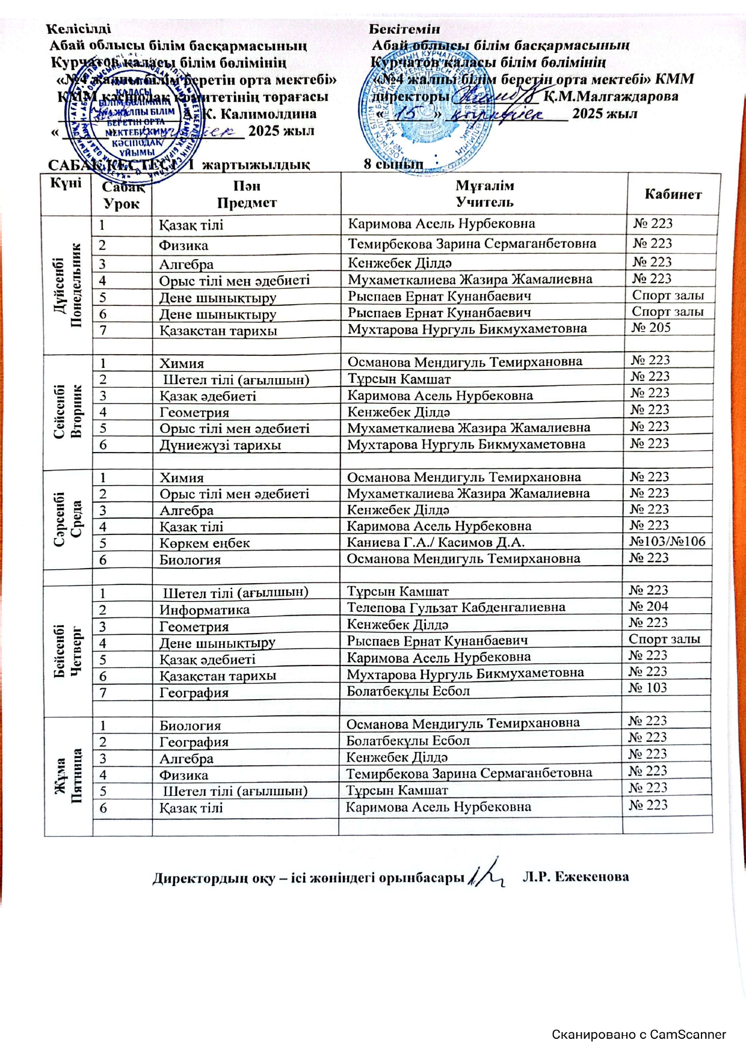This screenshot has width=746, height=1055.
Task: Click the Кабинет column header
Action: pyautogui.click(x=673, y=194)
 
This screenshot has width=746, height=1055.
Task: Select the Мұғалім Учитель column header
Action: pyautogui.click(x=484, y=194)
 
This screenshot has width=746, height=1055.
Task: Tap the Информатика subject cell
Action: pyautogui.click(x=205, y=610)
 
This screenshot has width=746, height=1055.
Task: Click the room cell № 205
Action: pyautogui.click(x=650, y=328)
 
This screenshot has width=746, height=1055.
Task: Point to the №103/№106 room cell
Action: pyautogui.click(x=667, y=541)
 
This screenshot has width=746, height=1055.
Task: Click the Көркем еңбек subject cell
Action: pyautogui.click(x=205, y=543)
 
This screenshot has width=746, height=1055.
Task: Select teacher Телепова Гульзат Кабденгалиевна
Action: pyautogui.click(x=455, y=607)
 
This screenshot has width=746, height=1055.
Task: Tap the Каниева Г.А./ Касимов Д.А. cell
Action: pyautogui.click(x=436, y=542)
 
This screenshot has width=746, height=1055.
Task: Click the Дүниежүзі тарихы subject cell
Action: pyautogui.click(x=220, y=445)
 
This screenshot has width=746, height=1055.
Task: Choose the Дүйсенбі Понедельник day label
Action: pyautogui.click(x=67, y=284)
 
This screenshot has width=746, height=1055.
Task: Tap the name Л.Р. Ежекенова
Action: pyautogui.click(x=576, y=876)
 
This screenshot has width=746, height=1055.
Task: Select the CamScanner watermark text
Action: pyautogui.click(x=639, y=1035)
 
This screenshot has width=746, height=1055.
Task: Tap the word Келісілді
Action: pyautogui.click(x=79, y=28)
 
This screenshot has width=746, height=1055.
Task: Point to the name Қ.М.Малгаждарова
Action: pyautogui.click(x=611, y=96)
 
